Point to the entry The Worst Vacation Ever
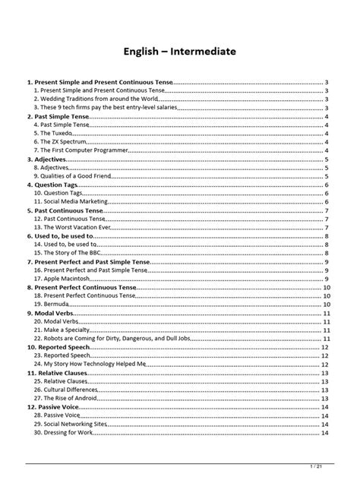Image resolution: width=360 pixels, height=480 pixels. click(x=78, y=227)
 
